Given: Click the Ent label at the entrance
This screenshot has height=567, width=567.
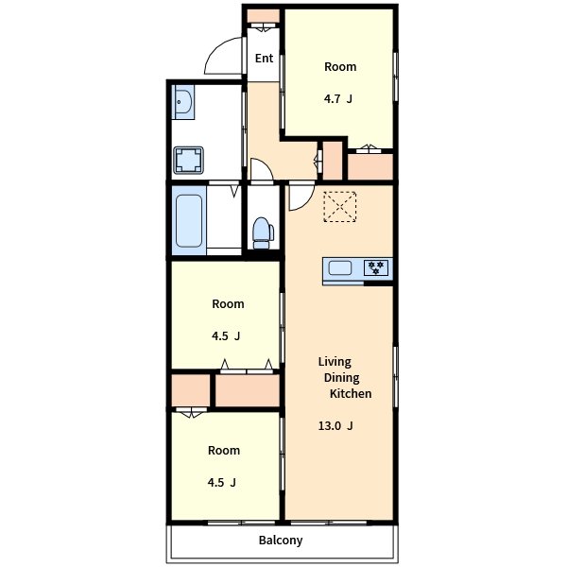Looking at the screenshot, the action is coord(264,59).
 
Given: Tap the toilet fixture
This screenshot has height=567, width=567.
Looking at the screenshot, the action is coord(263,232).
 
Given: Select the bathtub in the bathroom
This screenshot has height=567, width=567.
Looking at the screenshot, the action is coord(189,221).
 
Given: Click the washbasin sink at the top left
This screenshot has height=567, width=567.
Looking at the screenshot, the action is coord(183,102).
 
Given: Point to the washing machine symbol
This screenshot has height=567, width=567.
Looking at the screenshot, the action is coord(188,160).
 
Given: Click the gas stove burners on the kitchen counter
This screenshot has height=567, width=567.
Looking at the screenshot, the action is coord(376,268).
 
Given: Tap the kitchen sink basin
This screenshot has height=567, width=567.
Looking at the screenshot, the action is coord(340,268).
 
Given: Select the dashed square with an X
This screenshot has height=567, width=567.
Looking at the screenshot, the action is coord(340,206).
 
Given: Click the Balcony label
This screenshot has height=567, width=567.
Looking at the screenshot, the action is coord(281,541).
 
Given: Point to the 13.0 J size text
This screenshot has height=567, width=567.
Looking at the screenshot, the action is coord(335,426).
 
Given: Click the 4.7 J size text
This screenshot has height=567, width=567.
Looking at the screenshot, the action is coord(338,98).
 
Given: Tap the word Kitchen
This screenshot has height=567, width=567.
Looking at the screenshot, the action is coord(351,393).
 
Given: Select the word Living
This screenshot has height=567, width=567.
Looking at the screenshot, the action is coord(335,362).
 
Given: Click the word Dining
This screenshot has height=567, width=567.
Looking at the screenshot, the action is coord(342,378).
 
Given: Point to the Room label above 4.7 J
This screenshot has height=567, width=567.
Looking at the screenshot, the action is coord(340,67).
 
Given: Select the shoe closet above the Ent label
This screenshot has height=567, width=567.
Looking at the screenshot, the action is coord(264,16).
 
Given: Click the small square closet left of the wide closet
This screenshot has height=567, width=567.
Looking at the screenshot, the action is coord(191,390).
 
